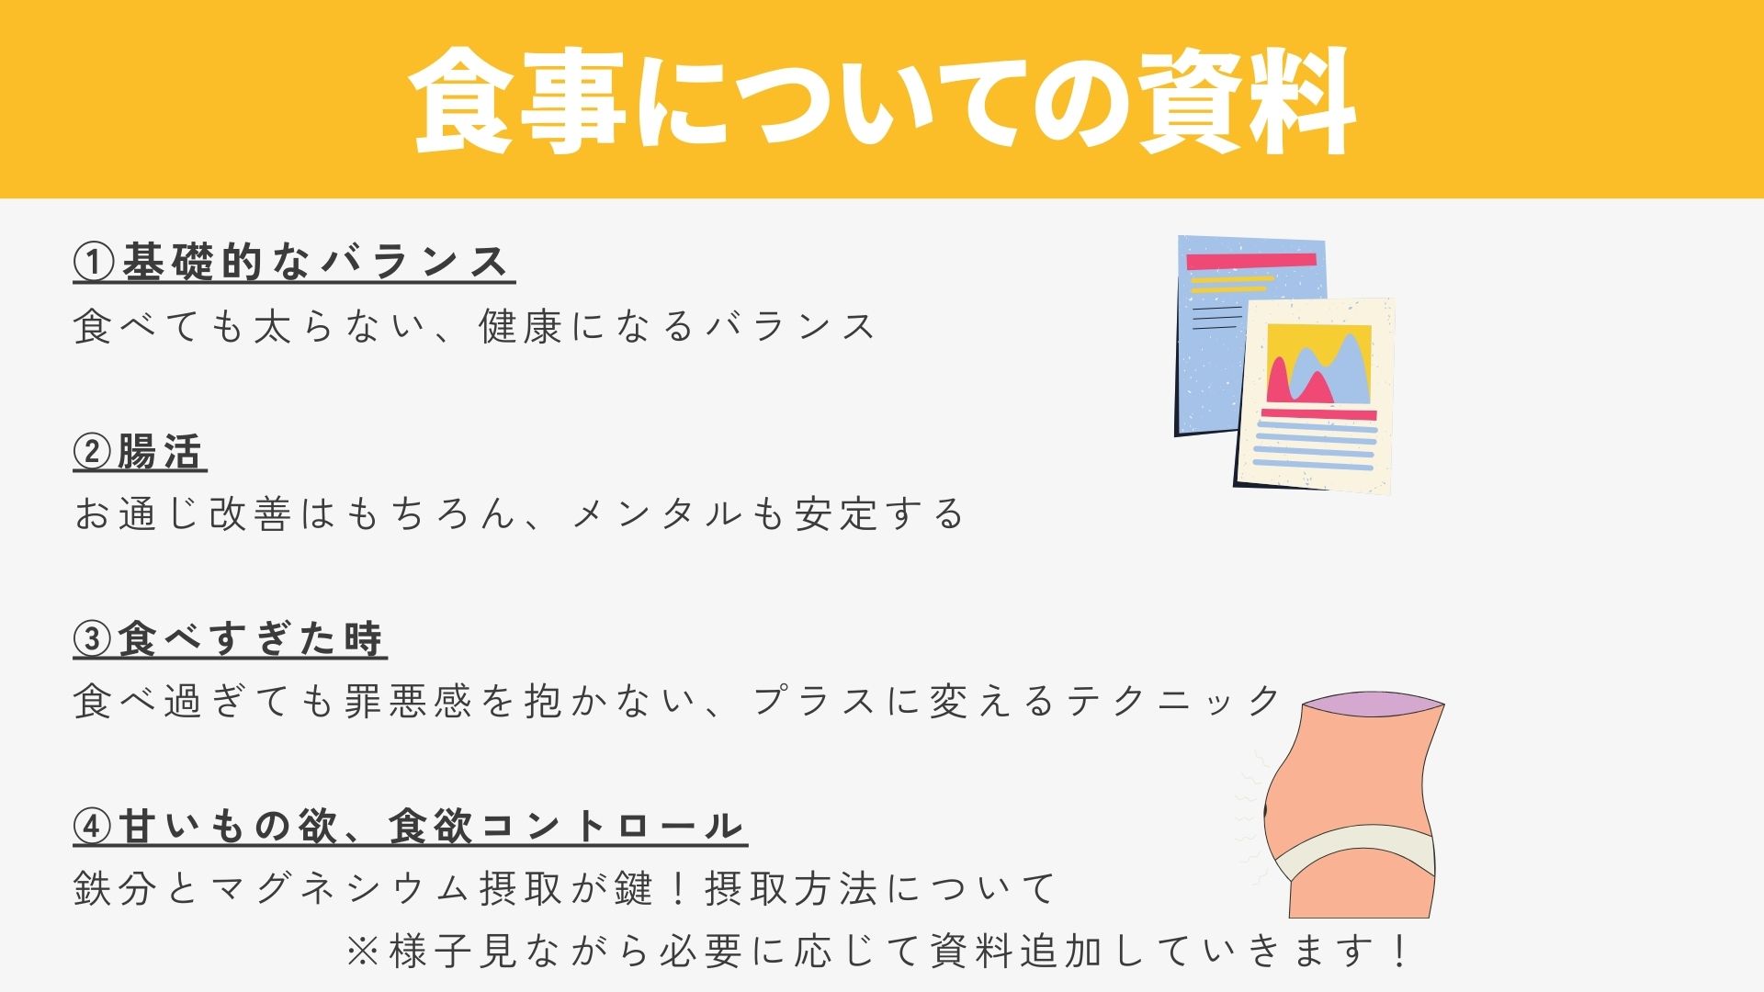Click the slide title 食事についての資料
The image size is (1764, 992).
click(882, 101)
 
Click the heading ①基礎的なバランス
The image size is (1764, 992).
click(294, 263)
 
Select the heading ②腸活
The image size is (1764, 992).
click(140, 452)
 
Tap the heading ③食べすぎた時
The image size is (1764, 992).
click(230, 639)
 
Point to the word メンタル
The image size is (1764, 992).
click(658, 514)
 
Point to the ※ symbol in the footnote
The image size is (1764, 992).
click(363, 952)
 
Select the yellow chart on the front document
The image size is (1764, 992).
click(1319, 364)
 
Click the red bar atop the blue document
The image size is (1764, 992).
click(1251, 261)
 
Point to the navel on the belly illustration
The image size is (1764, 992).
click(1268, 810)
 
